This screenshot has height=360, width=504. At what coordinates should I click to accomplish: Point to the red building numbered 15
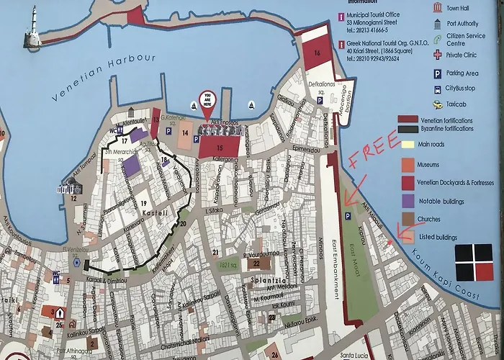point(220,147)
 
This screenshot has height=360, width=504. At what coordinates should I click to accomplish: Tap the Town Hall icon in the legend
point(438,8)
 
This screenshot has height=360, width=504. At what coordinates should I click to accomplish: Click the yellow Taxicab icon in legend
point(438,104)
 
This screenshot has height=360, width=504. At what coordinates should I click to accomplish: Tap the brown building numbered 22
point(255,263)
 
